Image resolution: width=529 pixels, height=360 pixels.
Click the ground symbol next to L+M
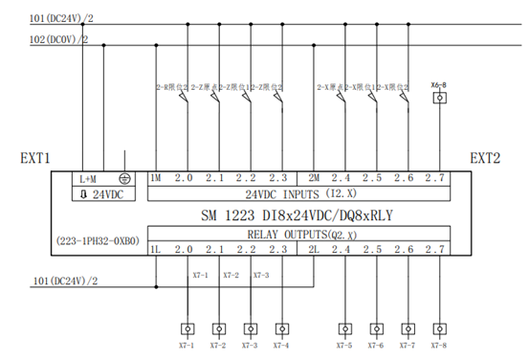pos(124,178)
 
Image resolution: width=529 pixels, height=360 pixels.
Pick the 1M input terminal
pos(155,178)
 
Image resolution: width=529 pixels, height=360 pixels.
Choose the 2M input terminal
pos(314,178)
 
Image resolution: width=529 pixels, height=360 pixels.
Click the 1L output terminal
pos(155,251)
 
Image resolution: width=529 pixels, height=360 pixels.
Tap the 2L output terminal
pos(314,251)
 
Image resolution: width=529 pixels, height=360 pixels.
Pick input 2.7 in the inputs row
pos(435,178)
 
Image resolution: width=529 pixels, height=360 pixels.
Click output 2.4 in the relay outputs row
pos(342,251)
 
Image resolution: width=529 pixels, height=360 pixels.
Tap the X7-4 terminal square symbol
pos(281,326)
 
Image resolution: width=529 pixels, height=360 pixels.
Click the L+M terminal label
pos(88,179)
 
